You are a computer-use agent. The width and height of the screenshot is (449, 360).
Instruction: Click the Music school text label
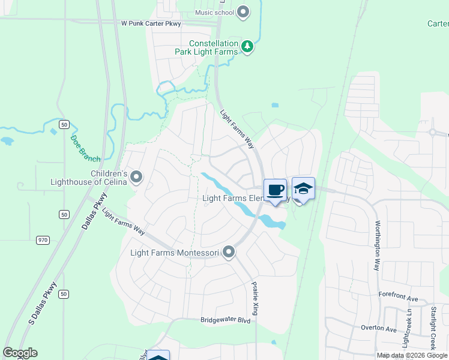click(215, 12)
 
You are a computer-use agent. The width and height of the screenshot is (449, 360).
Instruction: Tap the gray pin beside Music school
click(243, 11)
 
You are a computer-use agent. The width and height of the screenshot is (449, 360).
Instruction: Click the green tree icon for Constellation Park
click(247, 46)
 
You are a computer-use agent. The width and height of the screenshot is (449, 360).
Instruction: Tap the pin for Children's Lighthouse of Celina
click(137, 177)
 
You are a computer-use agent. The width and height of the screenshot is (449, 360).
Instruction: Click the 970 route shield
click(42, 240)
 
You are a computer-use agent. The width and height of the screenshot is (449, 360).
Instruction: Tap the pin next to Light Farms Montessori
click(229, 253)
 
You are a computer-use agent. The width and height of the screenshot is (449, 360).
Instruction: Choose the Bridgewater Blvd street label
click(226, 320)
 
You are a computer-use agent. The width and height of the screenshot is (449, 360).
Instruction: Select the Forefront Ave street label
click(398, 297)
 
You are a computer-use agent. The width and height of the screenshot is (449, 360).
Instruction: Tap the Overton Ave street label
click(379, 329)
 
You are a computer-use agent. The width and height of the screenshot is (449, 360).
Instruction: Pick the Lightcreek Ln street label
click(409, 329)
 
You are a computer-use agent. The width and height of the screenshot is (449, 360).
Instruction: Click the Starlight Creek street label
click(433, 328)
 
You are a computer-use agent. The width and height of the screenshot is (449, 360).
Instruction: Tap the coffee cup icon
click(275, 190)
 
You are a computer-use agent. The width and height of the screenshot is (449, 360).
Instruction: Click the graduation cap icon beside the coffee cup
click(303, 188)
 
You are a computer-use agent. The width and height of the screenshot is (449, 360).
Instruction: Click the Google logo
click(20, 353)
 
